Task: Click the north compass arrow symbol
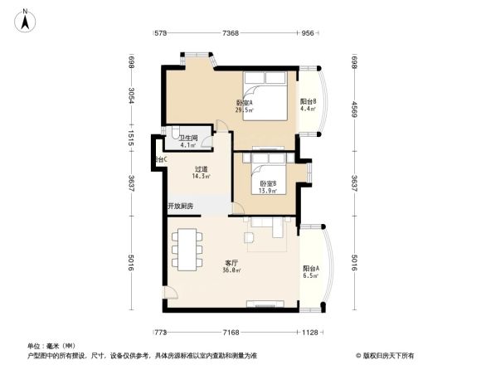[27, 19]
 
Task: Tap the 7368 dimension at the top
[231, 33]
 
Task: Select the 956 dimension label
[308, 33]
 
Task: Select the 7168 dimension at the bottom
[231, 333]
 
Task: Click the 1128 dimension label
[309, 333]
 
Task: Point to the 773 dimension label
[161, 333]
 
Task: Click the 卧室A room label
[245, 105]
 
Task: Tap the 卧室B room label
[267, 187]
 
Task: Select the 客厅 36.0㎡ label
[231, 265]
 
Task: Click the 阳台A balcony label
[311, 271]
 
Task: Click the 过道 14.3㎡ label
[201, 172]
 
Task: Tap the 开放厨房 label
[180, 206]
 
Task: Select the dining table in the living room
[187, 247]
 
